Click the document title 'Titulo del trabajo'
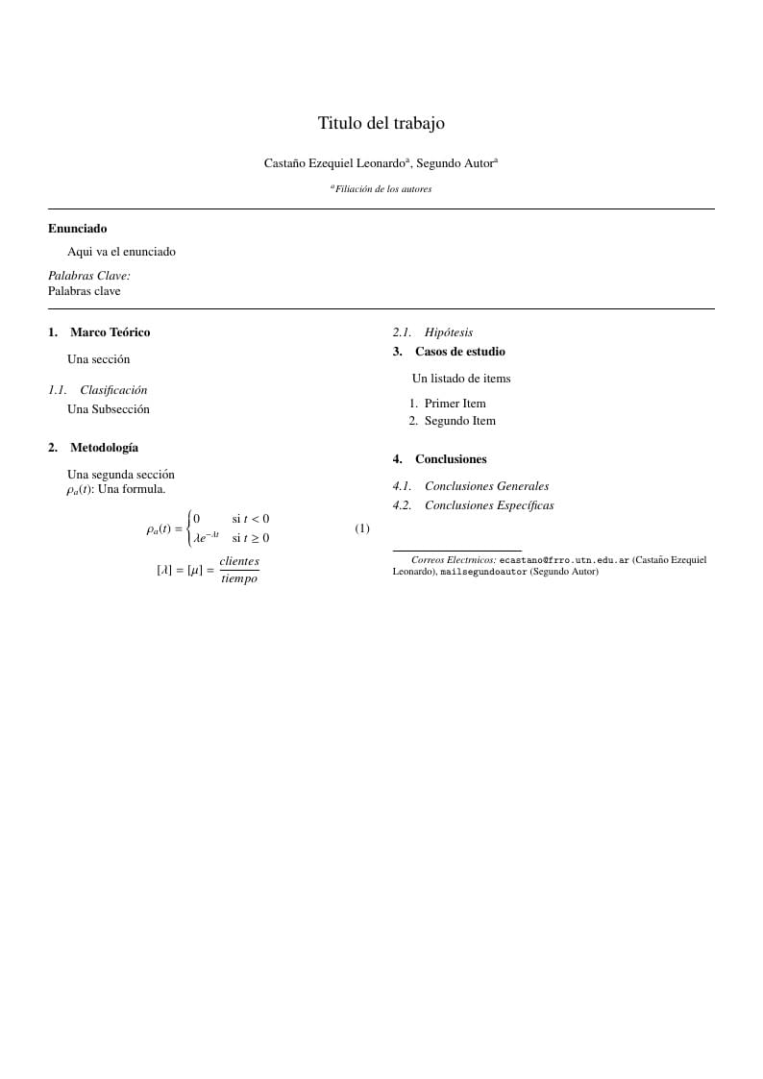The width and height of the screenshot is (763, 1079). click(x=381, y=123)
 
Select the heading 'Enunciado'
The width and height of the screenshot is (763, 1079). click(x=77, y=229)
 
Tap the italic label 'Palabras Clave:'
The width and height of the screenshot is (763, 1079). click(x=88, y=276)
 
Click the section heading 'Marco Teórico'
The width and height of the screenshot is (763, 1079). click(x=110, y=332)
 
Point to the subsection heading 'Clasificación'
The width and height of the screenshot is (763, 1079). click(x=113, y=390)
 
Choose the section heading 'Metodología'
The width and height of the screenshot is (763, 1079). click(x=104, y=448)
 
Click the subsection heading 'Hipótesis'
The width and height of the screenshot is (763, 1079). click(x=448, y=332)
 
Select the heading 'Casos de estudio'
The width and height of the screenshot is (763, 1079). click(x=459, y=352)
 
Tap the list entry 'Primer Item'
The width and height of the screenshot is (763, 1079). click(x=455, y=404)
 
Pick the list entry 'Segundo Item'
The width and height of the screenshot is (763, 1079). click(x=459, y=421)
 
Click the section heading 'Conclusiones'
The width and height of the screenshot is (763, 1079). click(x=451, y=459)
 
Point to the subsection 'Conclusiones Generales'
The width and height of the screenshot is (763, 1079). click(x=486, y=486)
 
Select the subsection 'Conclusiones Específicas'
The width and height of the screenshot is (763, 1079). click(x=489, y=505)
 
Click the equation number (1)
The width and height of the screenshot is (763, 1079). click(x=362, y=528)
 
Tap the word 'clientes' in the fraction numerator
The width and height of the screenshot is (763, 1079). click(x=239, y=561)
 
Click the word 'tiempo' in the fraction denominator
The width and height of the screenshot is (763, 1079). click(x=239, y=578)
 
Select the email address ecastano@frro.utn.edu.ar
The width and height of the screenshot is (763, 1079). click(x=564, y=559)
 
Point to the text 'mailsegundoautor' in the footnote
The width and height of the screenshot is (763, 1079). click(x=483, y=572)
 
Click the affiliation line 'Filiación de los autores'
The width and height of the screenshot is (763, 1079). click(x=382, y=189)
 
